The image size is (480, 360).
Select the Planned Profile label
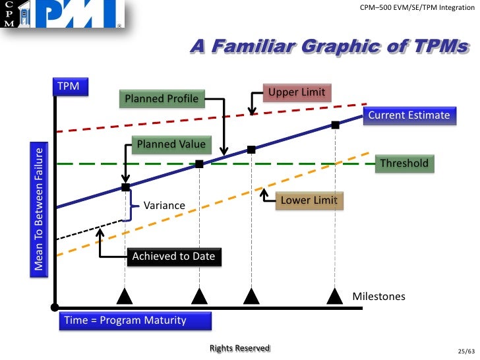[x=162, y=99]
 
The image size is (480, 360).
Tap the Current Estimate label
[x=409, y=115]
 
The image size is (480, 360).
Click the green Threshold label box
[x=404, y=164]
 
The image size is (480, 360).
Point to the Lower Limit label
[x=309, y=200]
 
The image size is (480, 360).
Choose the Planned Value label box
[x=171, y=145]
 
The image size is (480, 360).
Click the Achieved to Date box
[x=173, y=256]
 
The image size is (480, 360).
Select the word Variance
[x=164, y=205]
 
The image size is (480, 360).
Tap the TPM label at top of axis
[x=69, y=87]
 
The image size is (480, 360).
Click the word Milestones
[x=379, y=296]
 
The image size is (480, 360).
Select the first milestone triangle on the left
[x=125, y=296]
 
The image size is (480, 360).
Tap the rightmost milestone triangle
[x=335, y=296]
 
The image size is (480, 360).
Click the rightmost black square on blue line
[x=335, y=125]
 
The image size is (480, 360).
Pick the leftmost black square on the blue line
[x=125, y=187]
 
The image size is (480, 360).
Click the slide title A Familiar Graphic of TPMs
[x=330, y=47]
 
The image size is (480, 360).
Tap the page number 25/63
[x=465, y=350]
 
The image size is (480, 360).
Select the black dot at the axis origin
[x=55, y=307]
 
